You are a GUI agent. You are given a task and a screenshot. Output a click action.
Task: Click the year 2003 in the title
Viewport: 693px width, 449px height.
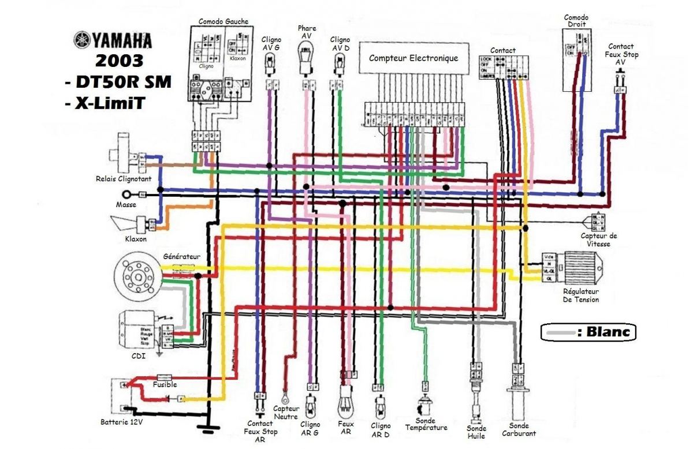[120, 61]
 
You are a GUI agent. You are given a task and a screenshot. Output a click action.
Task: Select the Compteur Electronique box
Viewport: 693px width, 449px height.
[413, 58]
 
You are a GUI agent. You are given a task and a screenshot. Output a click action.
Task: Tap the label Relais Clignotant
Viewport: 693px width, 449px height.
[124, 179]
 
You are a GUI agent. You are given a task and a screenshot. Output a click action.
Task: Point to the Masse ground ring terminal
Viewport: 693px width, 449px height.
[133, 195]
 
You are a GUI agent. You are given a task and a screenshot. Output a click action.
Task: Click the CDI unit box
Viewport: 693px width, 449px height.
[137, 330]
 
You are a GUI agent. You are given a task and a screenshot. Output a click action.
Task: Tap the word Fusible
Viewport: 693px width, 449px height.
[165, 384]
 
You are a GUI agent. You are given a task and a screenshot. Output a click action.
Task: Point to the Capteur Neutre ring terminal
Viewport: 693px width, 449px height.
[285, 397]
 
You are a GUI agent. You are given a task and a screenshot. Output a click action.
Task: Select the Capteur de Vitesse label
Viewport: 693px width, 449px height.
[599, 240]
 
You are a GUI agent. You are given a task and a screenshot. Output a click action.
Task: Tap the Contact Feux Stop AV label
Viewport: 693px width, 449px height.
[620, 54]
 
